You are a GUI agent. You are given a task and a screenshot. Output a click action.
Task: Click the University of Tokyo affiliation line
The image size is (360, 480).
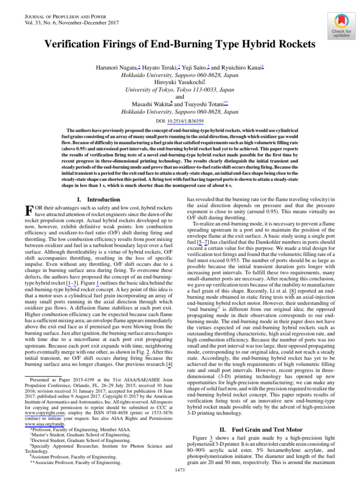pos(180,90)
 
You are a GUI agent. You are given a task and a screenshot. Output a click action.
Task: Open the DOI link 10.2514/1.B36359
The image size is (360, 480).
pos(188,121)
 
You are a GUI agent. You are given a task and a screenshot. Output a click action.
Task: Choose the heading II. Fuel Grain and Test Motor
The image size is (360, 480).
pos(261,429)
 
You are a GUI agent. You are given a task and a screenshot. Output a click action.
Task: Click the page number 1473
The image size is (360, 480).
pos(180,470)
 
